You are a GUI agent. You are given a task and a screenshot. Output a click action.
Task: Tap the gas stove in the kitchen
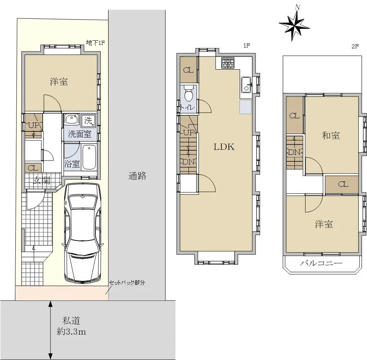[x=228, y=63]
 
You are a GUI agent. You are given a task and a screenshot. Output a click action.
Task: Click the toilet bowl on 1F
[x=189, y=93]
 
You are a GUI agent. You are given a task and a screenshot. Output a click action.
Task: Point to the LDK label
[x=224, y=147]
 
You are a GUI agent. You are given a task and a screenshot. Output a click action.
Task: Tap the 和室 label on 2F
[x=331, y=135]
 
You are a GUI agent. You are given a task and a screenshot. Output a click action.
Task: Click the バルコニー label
[x=321, y=264]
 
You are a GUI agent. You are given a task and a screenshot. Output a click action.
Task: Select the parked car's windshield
[x=82, y=201]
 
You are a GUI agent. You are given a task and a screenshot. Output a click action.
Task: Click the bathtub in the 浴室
[x=89, y=157]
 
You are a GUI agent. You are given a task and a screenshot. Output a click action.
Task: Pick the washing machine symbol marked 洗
[x=88, y=121]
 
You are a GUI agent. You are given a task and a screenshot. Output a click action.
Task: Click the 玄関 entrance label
[x=42, y=181]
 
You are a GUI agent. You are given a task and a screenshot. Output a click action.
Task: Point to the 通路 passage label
[x=137, y=176]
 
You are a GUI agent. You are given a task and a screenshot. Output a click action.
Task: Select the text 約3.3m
[x=72, y=332]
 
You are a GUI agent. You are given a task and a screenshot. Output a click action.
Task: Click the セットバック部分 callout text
[x=127, y=283]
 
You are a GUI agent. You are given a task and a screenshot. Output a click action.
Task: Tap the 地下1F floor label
[x=95, y=43]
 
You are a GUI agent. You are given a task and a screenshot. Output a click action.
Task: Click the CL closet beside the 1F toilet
[x=189, y=70]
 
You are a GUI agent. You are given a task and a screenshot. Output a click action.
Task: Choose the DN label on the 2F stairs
[x=294, y=153]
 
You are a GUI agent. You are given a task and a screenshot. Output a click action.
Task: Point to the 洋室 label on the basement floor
[x=59, y=81]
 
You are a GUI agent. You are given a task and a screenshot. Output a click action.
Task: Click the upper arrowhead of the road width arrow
[x=50, y=304]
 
